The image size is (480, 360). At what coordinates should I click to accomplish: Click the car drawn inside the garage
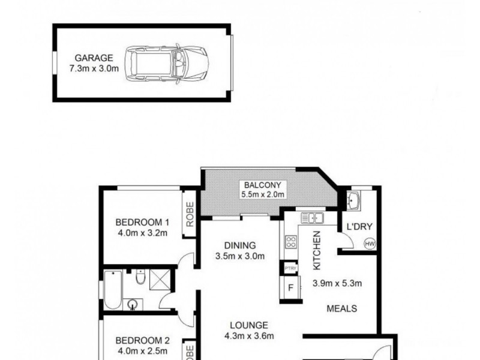(166, 61)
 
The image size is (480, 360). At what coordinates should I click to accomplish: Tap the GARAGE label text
(94, 58)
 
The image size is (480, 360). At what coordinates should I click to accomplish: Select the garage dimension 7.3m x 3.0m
(94, 68)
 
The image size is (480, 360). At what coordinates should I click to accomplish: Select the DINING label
(240, 245)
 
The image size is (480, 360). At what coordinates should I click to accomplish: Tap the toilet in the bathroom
(140, 277)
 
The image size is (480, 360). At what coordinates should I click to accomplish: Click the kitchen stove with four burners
(291, 242)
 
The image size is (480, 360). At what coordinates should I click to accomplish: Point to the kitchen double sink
(313, 218)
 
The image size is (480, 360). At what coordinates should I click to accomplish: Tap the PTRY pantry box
(290, 268)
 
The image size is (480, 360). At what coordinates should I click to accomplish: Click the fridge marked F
(290, 287)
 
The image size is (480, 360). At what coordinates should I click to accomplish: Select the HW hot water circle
(369, 244)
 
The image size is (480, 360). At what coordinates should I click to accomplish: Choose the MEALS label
(342, 309)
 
